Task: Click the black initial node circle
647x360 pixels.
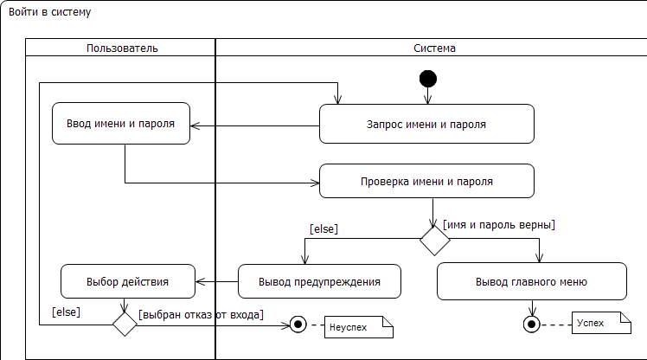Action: [427, 79]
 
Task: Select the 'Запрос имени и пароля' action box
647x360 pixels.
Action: [426, 124]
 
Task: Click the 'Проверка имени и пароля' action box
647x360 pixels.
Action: [426, 182]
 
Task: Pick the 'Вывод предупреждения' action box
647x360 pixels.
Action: [319, 282]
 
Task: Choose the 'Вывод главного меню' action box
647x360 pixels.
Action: [531, 282]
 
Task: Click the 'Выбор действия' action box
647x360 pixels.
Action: [127, 281]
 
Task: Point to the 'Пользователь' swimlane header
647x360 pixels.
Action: [122, 48]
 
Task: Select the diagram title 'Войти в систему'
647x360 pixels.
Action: [49, 13]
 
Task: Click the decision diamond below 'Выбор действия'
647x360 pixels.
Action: [125, 324]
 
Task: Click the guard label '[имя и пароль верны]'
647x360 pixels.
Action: [498, 225]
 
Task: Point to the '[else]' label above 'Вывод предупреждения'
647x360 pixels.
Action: [323, 228]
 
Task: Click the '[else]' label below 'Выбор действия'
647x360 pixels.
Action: [67, 311]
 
